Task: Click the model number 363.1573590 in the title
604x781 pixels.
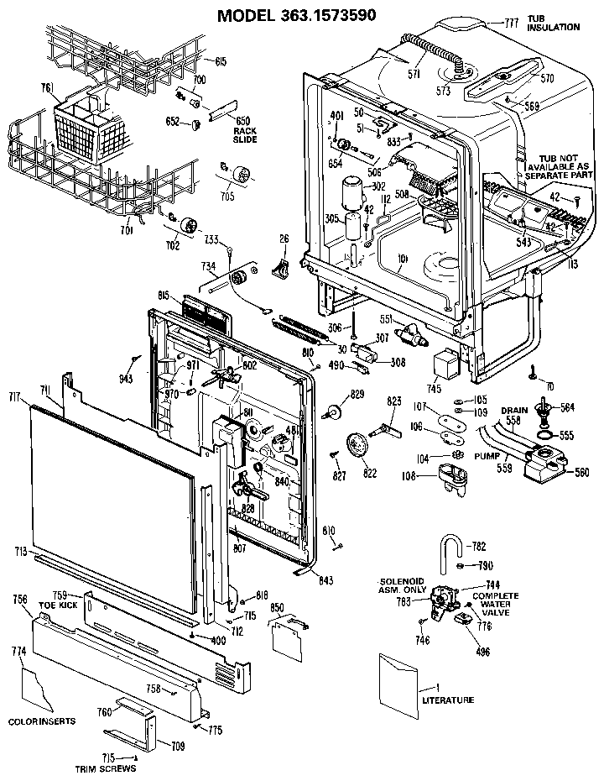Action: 320,14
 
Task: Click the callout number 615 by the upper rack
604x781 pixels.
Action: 221,61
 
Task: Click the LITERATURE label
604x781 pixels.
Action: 447,700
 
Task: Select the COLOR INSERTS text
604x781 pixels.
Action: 42,721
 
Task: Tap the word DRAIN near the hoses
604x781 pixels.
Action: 514,411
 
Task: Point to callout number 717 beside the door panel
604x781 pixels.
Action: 14,396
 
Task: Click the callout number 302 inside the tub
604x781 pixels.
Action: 378,186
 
